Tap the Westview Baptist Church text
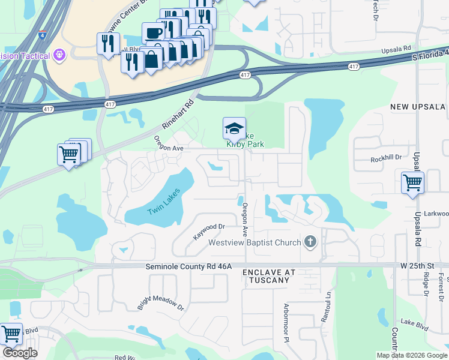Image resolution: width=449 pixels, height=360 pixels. point(255,242)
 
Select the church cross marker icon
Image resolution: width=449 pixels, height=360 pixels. point(310,242)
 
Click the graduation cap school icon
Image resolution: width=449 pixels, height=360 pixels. point(234,128)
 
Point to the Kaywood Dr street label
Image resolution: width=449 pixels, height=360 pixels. point(208,232)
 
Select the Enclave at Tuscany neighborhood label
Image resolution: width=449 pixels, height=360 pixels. point(269,276)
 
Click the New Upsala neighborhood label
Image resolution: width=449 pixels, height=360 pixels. point(418,107)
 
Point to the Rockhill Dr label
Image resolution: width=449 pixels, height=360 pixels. point(385,158)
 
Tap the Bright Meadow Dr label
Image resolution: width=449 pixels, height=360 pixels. point(160,295)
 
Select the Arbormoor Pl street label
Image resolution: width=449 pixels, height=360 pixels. point(286,319)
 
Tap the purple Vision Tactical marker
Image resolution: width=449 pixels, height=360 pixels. point(59,56)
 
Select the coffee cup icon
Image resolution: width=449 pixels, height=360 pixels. point(154,32)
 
